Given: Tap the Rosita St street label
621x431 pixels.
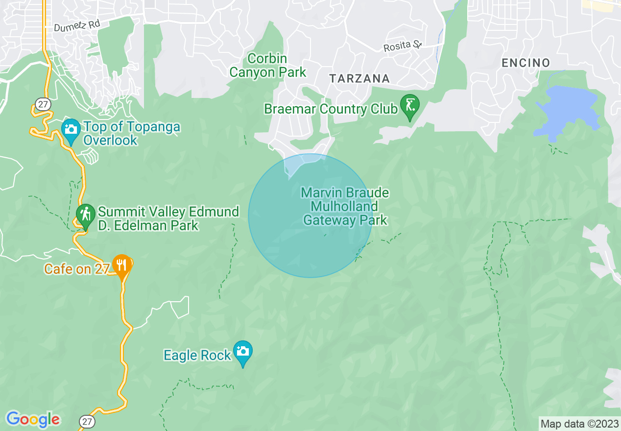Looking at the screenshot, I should [402, 46].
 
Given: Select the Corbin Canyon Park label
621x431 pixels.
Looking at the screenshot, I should [267, 66].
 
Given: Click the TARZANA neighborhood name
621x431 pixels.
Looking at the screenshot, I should [359, 78].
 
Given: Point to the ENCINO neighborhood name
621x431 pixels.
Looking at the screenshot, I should [525, 63].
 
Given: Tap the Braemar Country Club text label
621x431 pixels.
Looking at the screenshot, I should [331, 109].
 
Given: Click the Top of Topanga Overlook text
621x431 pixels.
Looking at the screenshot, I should [131, 133].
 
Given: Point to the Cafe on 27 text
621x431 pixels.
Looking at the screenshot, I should [76, 269].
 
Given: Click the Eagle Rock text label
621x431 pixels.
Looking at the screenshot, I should [197, 355].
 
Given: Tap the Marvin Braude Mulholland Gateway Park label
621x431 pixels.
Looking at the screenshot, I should [345, 206].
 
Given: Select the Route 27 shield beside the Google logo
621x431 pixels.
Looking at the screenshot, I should [87, 421].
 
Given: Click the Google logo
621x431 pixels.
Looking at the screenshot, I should [33, 419].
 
